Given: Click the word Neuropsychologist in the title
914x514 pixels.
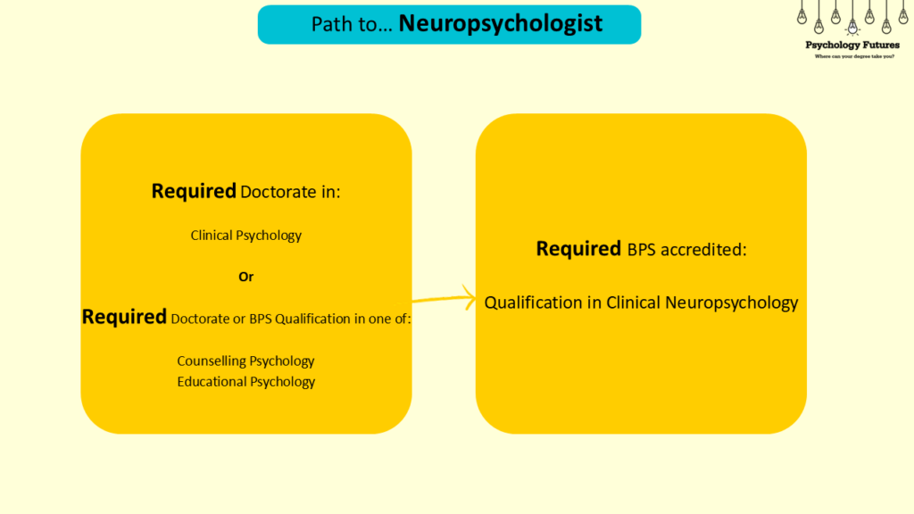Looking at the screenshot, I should pos(501,23).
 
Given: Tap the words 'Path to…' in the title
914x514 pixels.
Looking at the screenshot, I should pos(345,24).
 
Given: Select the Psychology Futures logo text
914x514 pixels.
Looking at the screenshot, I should pos(852,46).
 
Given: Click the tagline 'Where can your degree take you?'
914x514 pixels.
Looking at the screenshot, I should pos(852,56).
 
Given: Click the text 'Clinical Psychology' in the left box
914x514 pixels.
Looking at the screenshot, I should pos(246,236).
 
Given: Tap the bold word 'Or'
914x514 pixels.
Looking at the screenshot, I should pos(246,277).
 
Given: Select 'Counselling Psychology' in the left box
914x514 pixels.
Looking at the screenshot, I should pos(246,361).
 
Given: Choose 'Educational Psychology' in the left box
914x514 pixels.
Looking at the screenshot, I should pos(246,382).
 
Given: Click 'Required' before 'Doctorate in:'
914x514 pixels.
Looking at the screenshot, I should pos(194,191).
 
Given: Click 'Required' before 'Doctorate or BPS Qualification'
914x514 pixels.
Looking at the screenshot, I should pos(124,317).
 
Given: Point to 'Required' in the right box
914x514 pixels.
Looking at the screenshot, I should pos(578,249).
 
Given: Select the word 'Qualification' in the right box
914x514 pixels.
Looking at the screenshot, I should pos(533,303).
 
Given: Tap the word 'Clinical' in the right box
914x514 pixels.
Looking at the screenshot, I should pos(634,303).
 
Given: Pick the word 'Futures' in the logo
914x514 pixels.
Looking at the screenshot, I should pos(879,46).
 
